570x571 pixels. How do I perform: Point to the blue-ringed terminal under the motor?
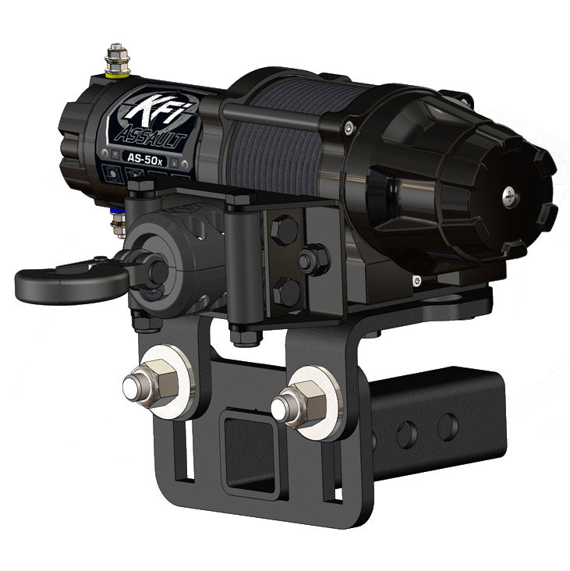(x=119, y=225)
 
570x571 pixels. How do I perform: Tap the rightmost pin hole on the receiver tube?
(x=448, y=425)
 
